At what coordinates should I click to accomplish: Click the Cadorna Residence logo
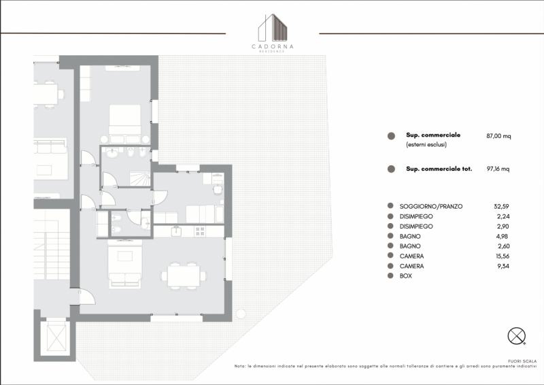pyautogui.click(x=273, y=33)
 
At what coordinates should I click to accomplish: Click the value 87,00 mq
pyautogui.click(x=498, y=136)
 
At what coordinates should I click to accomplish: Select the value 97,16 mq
pyautogui.click(x=498, y=169)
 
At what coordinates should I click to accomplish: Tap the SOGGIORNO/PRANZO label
pyautogui.click(x=431, y=207)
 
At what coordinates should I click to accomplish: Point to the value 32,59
pyautogui.click(x=501, y=206)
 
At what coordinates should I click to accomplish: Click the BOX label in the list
pyautogui.click(x=405, y=276)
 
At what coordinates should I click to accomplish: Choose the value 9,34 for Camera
pyautogui.click(x=503, y=266)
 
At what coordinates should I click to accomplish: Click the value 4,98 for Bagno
pyautogui.click(x=503, y=237)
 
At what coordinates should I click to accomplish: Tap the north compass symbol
pyautogui.click(x=517, y=336)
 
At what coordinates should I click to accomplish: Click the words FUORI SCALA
pyautogui.click(x=522, y=361)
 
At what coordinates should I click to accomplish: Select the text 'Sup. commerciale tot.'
pyautogui.click(x=439, y=169)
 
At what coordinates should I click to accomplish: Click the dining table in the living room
pyautogui.click(x=184, y=276)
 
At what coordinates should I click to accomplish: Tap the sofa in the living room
pyautogui.click(x=125, y=267)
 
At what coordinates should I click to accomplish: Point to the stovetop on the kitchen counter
pyautogui.click(x=200, y=231)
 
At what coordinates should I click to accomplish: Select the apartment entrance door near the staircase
pyautogui.click(x=87, y=297)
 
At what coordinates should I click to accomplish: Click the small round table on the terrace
pyautogui.click(x=241, y=314)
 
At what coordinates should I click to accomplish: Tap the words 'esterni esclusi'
pyautogui.click(x=426, y=145)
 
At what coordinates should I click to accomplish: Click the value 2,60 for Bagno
pyautogui.click(x=503, y=246)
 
